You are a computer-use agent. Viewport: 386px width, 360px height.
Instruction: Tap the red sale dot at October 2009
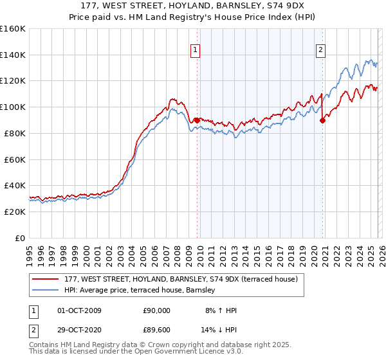click(x=197, y=120)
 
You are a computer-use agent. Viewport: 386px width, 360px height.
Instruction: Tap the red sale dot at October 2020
click(x=323, y=120)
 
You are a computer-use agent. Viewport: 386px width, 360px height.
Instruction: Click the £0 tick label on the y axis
click(x=19, y=238)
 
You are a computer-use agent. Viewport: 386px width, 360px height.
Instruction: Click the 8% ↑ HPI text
click(x=220, y=310)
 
